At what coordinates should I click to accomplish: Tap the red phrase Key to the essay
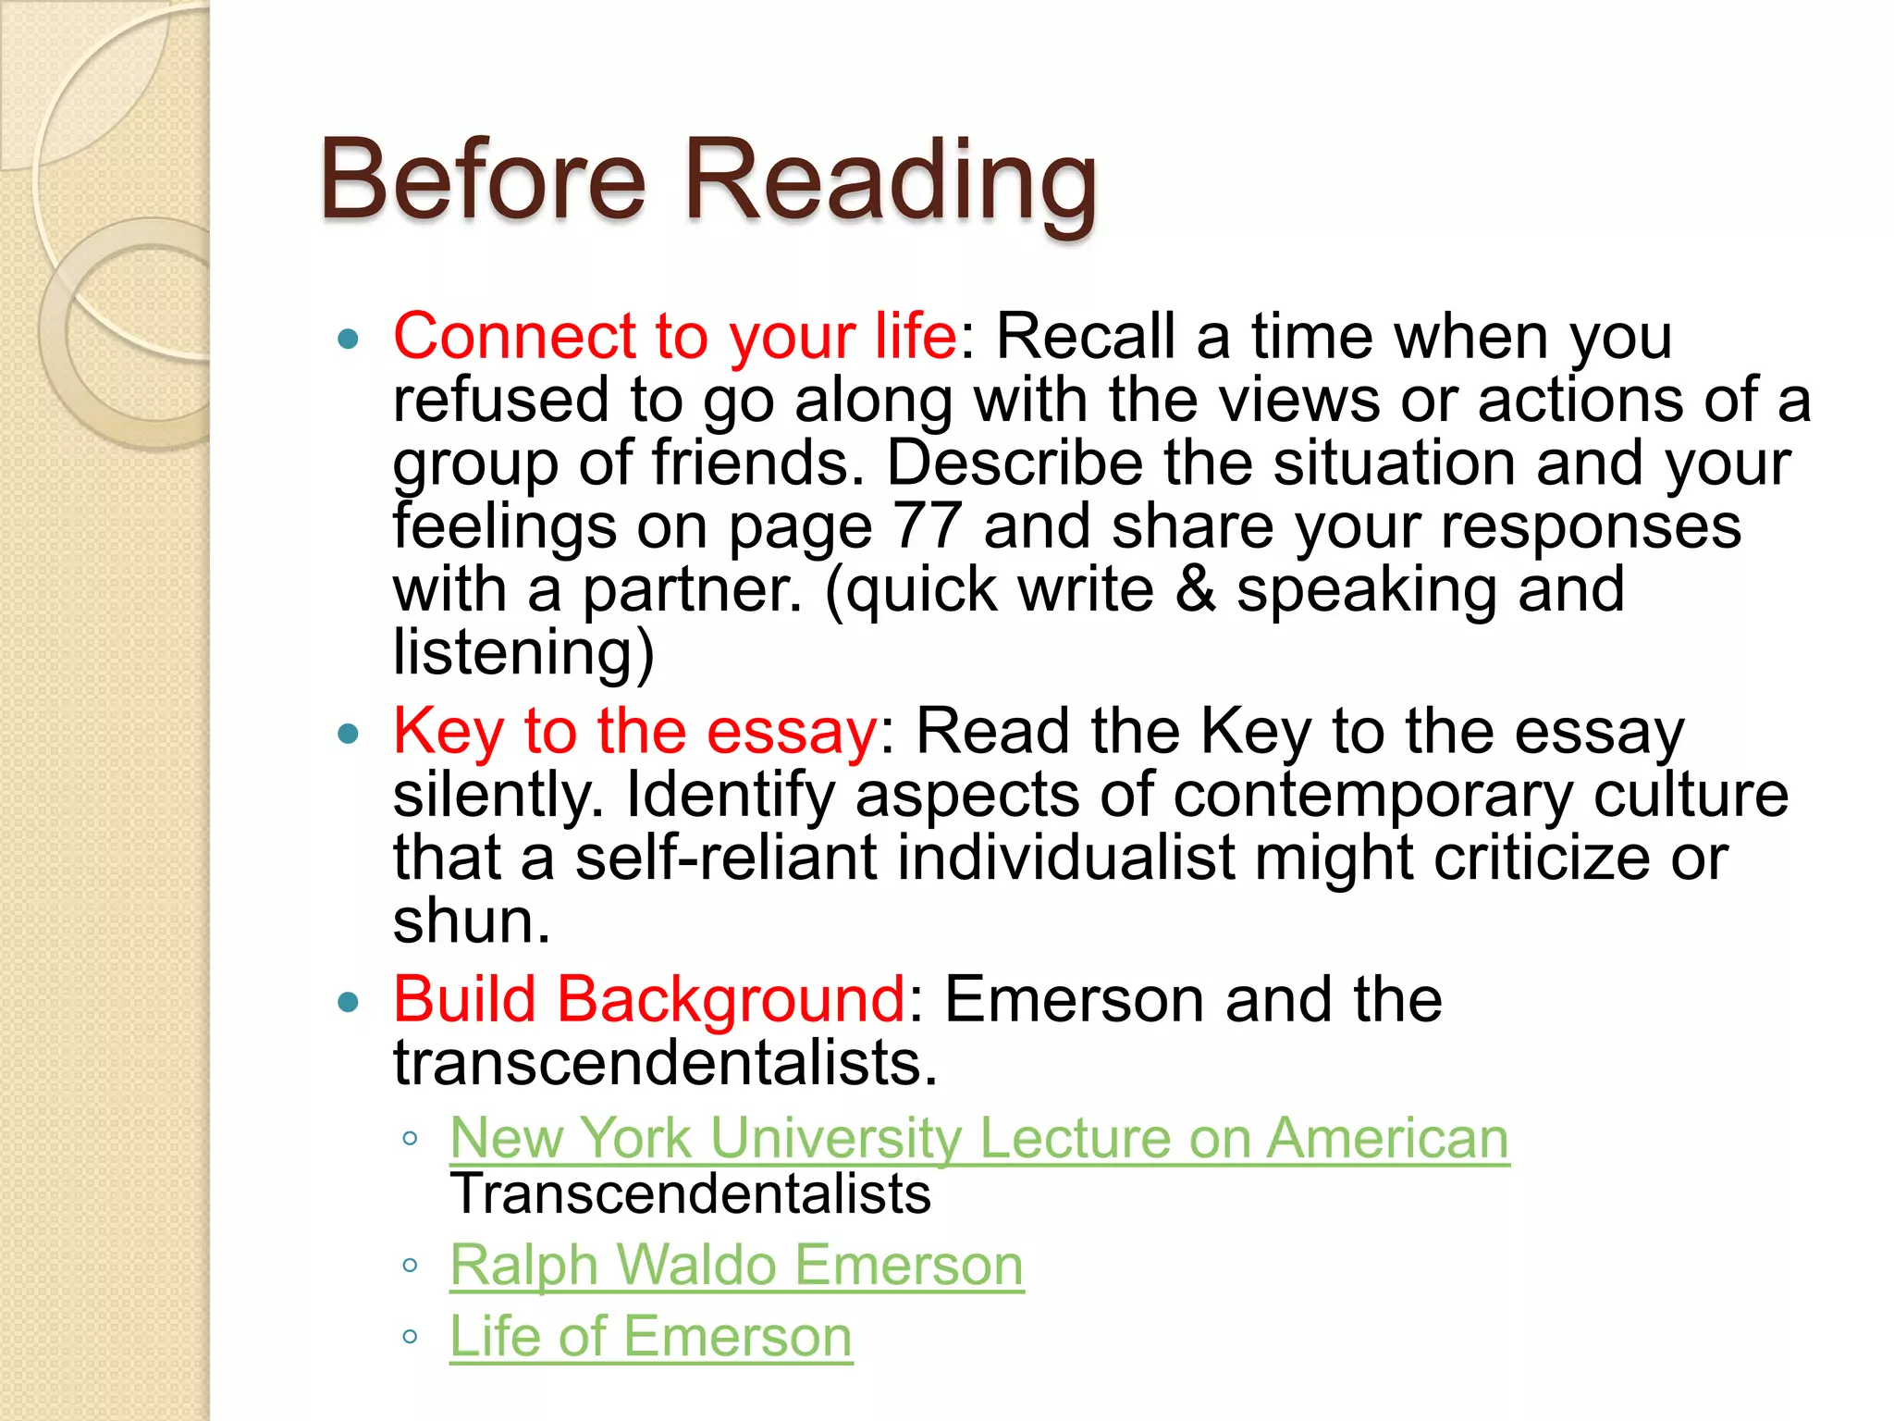click(634, 731)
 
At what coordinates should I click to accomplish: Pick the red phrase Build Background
click(649, 999)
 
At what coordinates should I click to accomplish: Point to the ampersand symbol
click(1195, 589)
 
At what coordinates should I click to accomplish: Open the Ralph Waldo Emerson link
click(736, 1265)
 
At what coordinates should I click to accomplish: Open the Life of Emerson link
click(650, 1336)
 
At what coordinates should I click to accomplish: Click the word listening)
click(523, 652)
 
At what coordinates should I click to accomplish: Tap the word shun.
click(471, 921)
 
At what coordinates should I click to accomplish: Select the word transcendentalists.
click(664, 1062)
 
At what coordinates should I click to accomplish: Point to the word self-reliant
click(726, 858)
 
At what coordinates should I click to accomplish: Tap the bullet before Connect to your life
click(348, 339)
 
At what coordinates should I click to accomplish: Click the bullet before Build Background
click(348, 1003)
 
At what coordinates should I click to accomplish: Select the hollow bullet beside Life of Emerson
click(411, 1337)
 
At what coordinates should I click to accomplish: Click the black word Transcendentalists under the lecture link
click(690, 1193)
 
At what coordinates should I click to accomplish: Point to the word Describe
click(1015, 463)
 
